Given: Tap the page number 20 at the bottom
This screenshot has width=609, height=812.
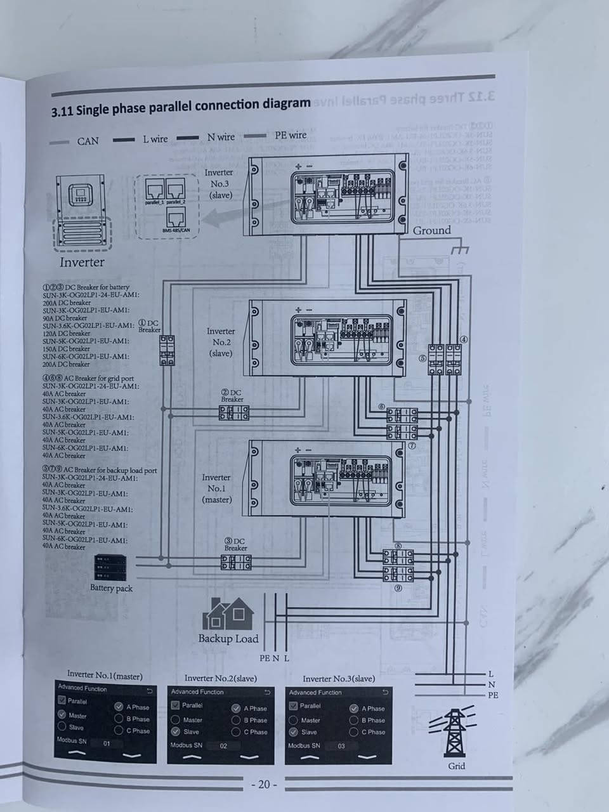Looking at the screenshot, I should coord(264,785).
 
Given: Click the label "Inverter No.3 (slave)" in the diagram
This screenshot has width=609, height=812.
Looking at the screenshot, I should coord(219,183).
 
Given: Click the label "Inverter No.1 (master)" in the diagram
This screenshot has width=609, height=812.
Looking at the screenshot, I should coord(216,488).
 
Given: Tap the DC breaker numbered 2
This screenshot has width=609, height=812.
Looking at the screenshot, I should coord(234,413).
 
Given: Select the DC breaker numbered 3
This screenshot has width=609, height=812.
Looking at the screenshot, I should coord(236,562).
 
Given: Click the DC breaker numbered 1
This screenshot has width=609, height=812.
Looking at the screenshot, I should coord(167,350).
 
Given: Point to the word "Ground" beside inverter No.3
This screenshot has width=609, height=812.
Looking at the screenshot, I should coord(432,230).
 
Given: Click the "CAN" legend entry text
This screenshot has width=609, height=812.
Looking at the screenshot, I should coord(88,141).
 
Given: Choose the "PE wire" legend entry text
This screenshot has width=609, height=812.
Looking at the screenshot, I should coord(291,135).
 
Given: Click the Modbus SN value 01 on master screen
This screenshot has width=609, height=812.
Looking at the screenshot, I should coord(107,743).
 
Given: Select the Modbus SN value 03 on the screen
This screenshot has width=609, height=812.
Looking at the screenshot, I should coord(341,746).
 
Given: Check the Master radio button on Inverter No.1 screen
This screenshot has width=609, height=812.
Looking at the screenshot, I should coord(62,715).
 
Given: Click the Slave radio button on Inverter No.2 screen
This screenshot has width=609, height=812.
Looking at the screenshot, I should coord(175,731).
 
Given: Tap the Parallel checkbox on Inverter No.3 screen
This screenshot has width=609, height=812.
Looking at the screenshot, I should coord(294,705).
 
